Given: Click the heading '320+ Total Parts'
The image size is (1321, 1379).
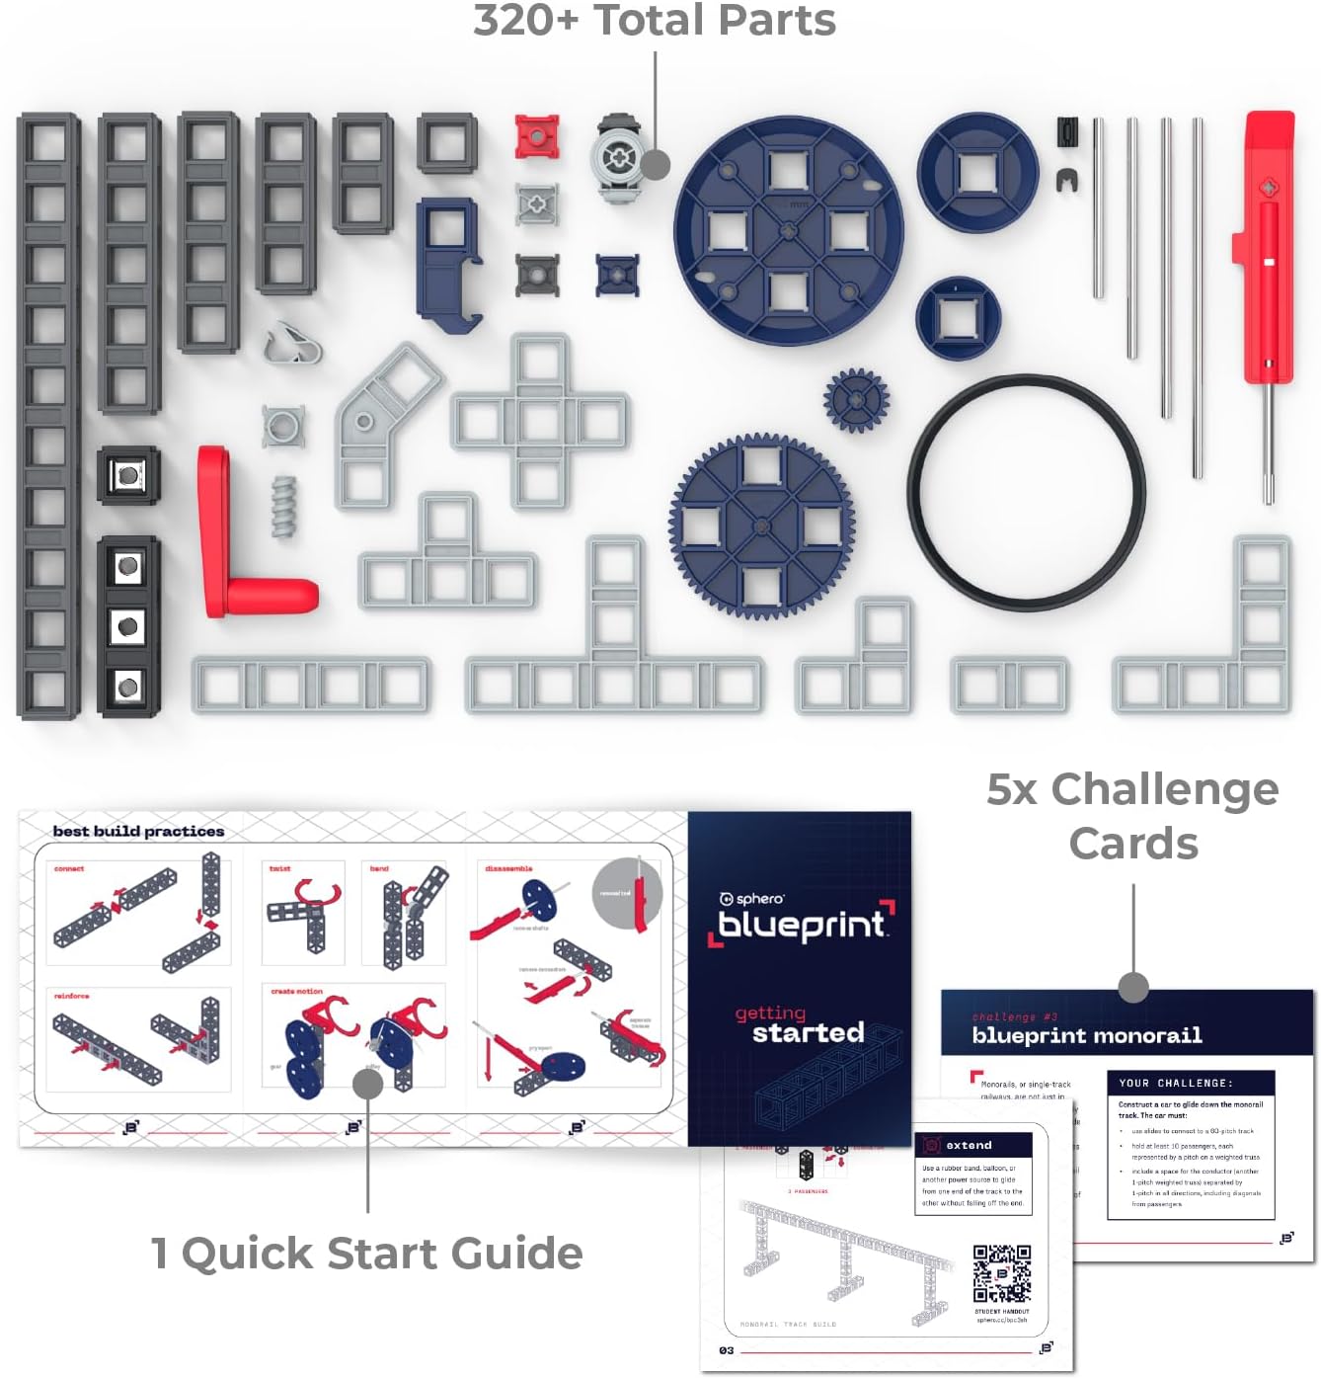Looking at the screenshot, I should [x=654, y=22].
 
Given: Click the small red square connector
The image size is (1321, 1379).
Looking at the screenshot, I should [x=537, y=137].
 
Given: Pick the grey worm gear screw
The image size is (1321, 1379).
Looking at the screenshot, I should [x=284, y=508].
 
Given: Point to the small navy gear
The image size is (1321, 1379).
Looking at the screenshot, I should [x=856, y=401].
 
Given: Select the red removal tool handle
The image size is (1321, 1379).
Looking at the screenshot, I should [x=1267, y=247].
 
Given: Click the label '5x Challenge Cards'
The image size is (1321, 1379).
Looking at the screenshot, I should [x=1132, y=816].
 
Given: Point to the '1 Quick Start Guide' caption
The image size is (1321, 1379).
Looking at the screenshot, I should [x=366, y=1253].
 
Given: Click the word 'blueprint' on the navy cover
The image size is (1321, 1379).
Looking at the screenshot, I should [x=801, y=925].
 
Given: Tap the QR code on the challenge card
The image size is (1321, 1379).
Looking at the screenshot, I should [x=1001, y=1273].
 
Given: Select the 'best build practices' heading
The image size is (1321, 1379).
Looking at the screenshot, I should [x=138, y=832].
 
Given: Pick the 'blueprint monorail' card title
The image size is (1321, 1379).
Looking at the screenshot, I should [x=1087, y=1035].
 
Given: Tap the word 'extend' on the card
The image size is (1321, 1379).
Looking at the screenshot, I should [x=969, y=1145].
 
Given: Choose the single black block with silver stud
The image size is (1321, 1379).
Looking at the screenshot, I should [x=128, y=476].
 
